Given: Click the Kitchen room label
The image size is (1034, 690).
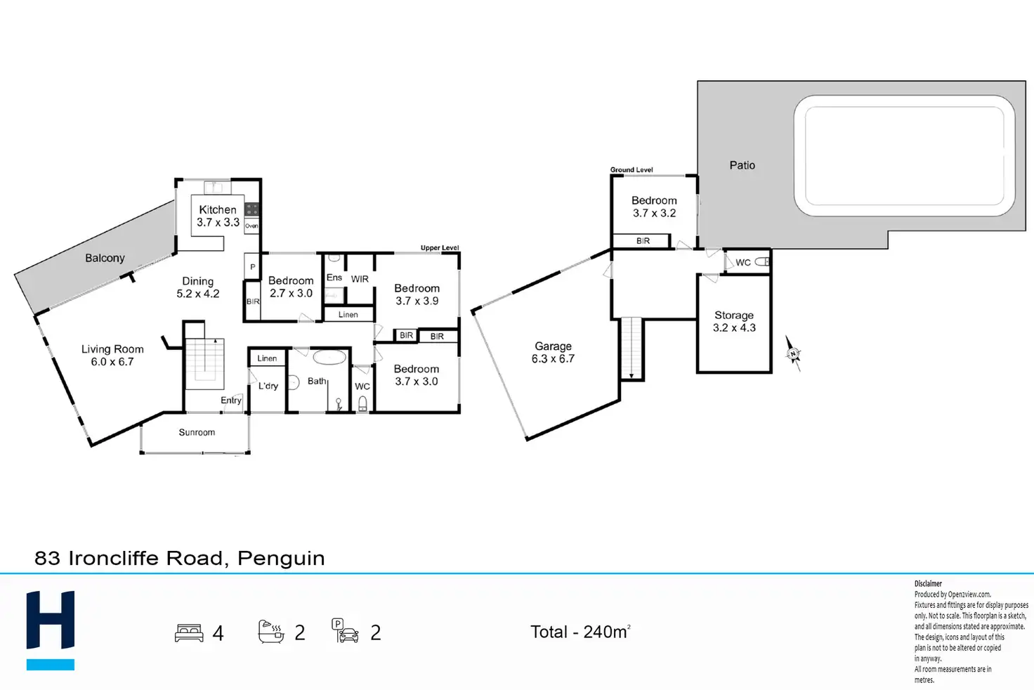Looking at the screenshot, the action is [x=218, y=209].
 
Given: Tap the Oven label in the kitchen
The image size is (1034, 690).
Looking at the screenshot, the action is [x=251, y=226].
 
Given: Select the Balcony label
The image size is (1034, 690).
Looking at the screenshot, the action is [x=105, y=258].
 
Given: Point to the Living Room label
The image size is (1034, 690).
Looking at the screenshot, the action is [x=112, y=349].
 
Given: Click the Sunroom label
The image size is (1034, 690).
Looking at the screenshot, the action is [x=197, y=432].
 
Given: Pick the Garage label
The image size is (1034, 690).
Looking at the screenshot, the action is [x=553, y=346].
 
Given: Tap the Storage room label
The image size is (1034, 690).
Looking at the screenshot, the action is [x=734, y=315].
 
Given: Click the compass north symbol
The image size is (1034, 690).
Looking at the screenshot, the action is [x=793, y=353].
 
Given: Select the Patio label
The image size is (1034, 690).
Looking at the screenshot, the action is [x=742, y=165].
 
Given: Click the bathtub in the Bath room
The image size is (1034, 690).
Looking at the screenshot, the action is [x=329, y=358].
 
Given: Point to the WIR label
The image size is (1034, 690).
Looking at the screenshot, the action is [x=360, y=279].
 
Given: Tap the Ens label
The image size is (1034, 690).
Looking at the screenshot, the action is [x=334, y=278].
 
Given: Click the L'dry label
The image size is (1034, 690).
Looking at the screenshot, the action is [x=268, y=386].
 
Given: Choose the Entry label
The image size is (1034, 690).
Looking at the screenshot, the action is [x=231, y=401].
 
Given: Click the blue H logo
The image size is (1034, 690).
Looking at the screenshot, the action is [x=51, y=630].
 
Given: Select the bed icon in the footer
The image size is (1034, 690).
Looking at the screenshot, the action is [x=189, y=632].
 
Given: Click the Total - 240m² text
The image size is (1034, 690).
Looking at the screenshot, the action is [x=580, y=632].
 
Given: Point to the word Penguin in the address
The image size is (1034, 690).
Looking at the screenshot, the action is [x=281, y=559].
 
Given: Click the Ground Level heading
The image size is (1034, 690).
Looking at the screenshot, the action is [x=631, y=170].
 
